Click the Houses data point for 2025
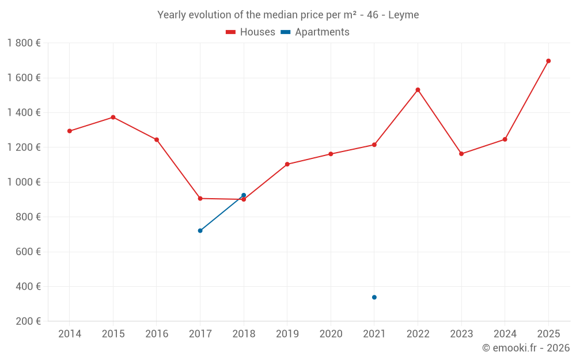(x=548, y=61)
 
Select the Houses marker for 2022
(x=418, y=90)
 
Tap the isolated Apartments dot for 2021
(x=374, y=297)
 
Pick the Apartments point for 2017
(x=200, y=230)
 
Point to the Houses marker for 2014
(x=70, y=131)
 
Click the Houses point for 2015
(x=113, y=118)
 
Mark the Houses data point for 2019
(x=287, y=164)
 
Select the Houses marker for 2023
(x=461, y=154)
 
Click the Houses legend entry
(x=251, y=32)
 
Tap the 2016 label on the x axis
(x=157, y=334)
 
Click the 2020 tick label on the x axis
(x=331, y=334)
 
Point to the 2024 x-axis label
(x=505, y=334)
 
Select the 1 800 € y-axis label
(x=24, y=43)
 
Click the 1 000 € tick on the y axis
(x=24, y=182)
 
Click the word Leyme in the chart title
(x=403, y=14)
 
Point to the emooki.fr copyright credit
(x=526, y=348)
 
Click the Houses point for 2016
(x=157, y=139)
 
